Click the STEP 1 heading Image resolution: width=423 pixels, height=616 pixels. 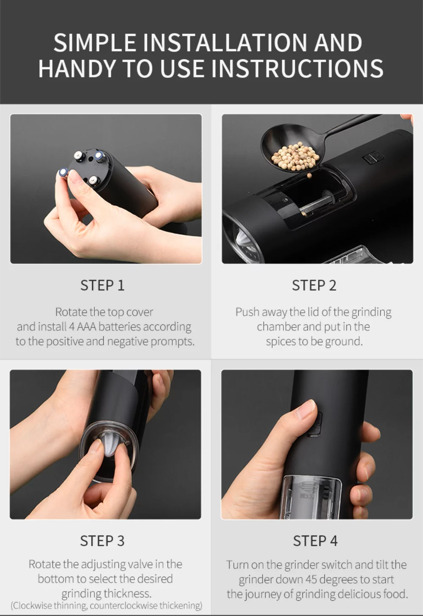point(102,286)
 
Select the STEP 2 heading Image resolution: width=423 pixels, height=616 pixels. point(314,286)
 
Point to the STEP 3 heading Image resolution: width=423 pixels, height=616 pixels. point(102,541)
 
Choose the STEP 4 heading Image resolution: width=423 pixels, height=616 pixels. point(315,541)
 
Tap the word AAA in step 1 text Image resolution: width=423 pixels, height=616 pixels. point(87,327)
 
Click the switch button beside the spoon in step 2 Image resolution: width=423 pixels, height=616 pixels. point(373,158)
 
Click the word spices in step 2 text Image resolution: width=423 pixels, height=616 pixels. point(280,341)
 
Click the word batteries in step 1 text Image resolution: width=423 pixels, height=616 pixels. point(120,327)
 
